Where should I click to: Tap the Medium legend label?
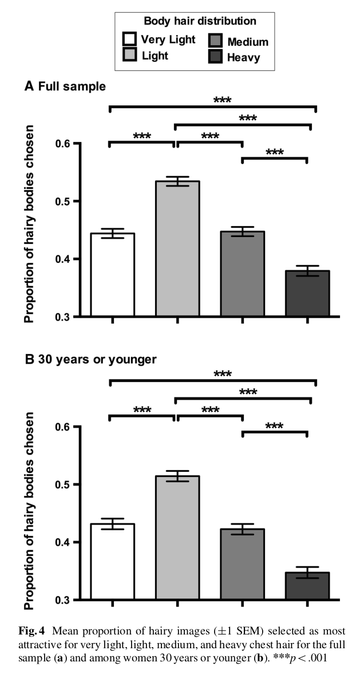point(247,42)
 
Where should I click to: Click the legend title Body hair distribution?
point(200,21)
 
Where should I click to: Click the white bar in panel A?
point(112,275)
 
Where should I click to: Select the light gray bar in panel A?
point(177,249)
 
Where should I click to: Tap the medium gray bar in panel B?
point(242,564)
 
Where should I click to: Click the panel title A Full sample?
point(65,86)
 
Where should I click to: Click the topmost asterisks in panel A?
point(223,100)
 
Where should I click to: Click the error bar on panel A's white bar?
point(112,233)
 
